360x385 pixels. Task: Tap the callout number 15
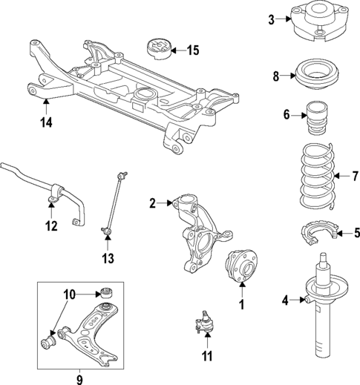[192, 51]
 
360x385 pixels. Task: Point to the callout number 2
[153, 203]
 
